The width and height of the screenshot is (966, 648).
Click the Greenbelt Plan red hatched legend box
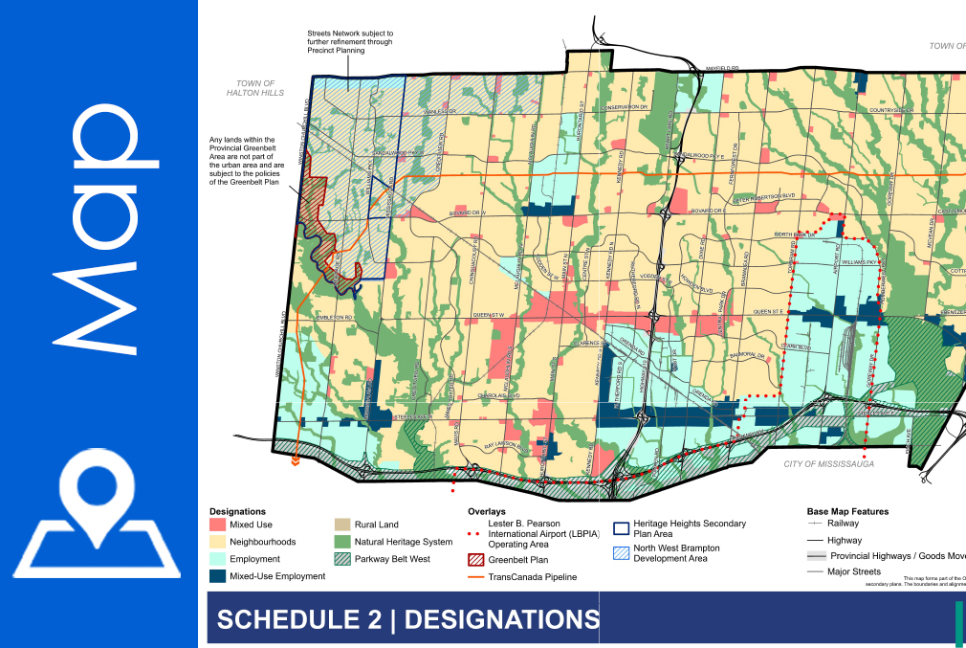475,560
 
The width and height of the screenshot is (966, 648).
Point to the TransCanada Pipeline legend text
532,577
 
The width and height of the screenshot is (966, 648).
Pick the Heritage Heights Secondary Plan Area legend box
621,526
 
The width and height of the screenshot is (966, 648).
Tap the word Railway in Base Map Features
843,524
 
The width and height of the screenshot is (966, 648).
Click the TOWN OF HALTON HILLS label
255,89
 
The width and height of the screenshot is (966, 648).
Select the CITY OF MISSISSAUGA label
828,463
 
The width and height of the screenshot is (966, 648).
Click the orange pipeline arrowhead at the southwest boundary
296,461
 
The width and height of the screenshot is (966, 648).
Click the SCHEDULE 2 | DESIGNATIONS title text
406,619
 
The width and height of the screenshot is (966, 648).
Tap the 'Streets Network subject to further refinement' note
349,43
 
